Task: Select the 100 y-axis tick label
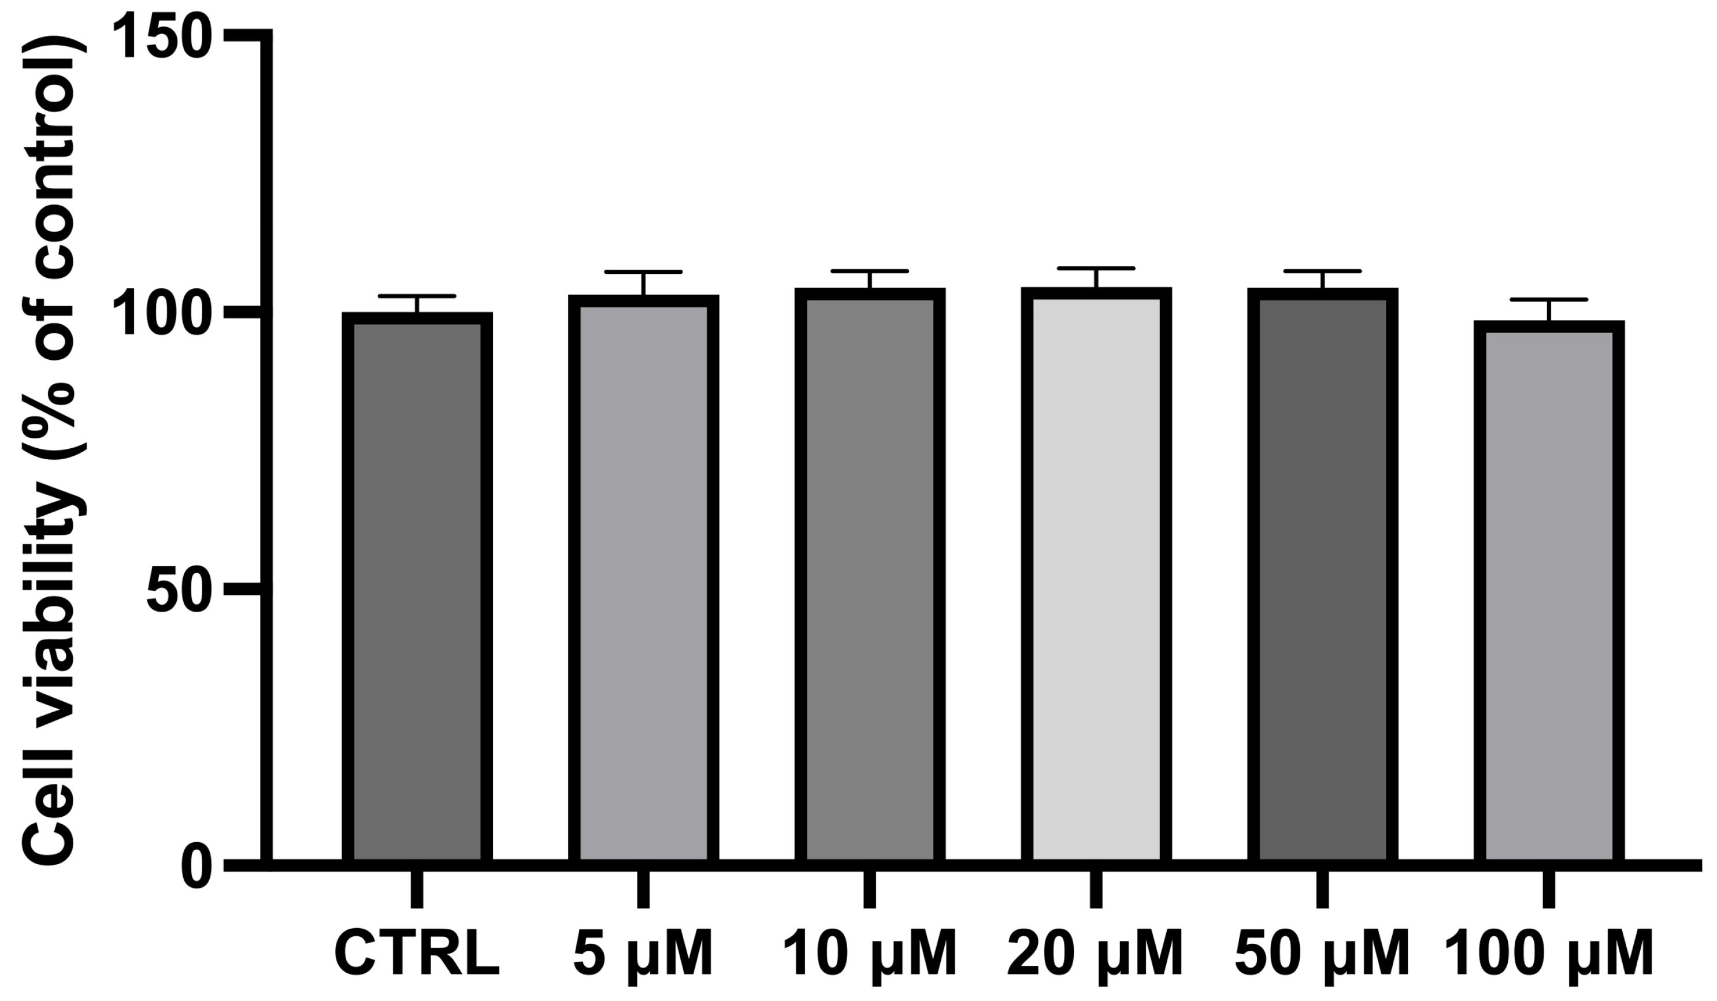tap(164, 315)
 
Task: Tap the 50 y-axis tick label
tap(176, 591)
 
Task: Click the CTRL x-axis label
tap(417, 955)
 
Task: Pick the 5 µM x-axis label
tap(643, 955)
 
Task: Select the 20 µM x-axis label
tap(1096, 955)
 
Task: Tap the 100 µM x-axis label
tap(1549, 955)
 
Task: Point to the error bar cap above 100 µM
tap(1549, 300)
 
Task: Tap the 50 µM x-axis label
tap(1322, 955)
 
